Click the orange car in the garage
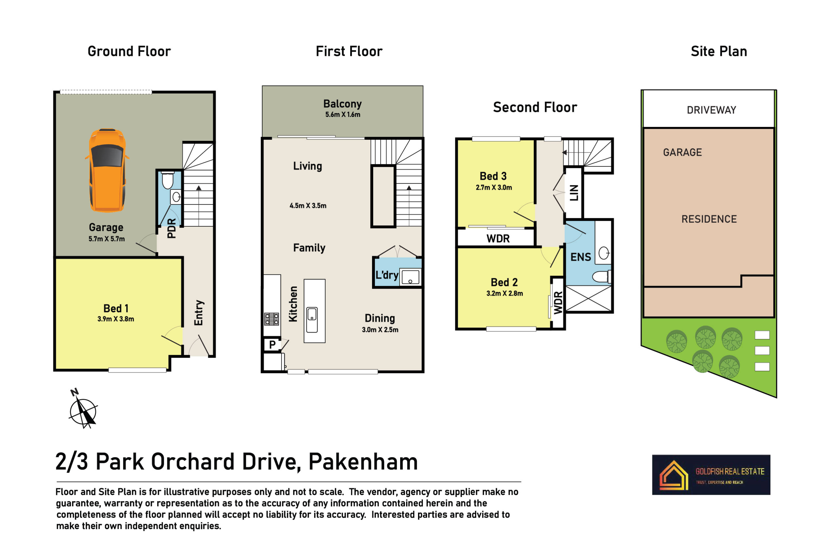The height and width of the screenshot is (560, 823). [x=107, y=170]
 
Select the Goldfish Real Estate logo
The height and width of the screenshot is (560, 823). [x=711, y=475]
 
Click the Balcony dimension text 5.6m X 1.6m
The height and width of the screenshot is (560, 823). [x=342, y=115]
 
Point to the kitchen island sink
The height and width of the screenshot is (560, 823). [x=312, y=320]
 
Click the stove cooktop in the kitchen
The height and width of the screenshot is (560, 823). [x=271, y=319]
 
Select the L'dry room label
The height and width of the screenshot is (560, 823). [x=387, y=275]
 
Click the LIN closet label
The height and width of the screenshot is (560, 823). [x=574, y=193]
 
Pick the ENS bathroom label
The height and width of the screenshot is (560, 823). [x=580, y=257]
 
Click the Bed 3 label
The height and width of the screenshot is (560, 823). [x=493, y=176]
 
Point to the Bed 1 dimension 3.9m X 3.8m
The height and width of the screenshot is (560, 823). [x=116, y=319]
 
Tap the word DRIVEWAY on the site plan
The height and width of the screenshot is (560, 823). [x=711, y=110]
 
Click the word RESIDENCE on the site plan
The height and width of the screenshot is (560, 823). [x=709, y=219]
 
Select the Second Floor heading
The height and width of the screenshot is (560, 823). [x=535, y=107]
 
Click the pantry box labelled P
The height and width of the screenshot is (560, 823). [x=272, y=344]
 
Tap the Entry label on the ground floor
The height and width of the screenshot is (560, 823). [x=198, y=313]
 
